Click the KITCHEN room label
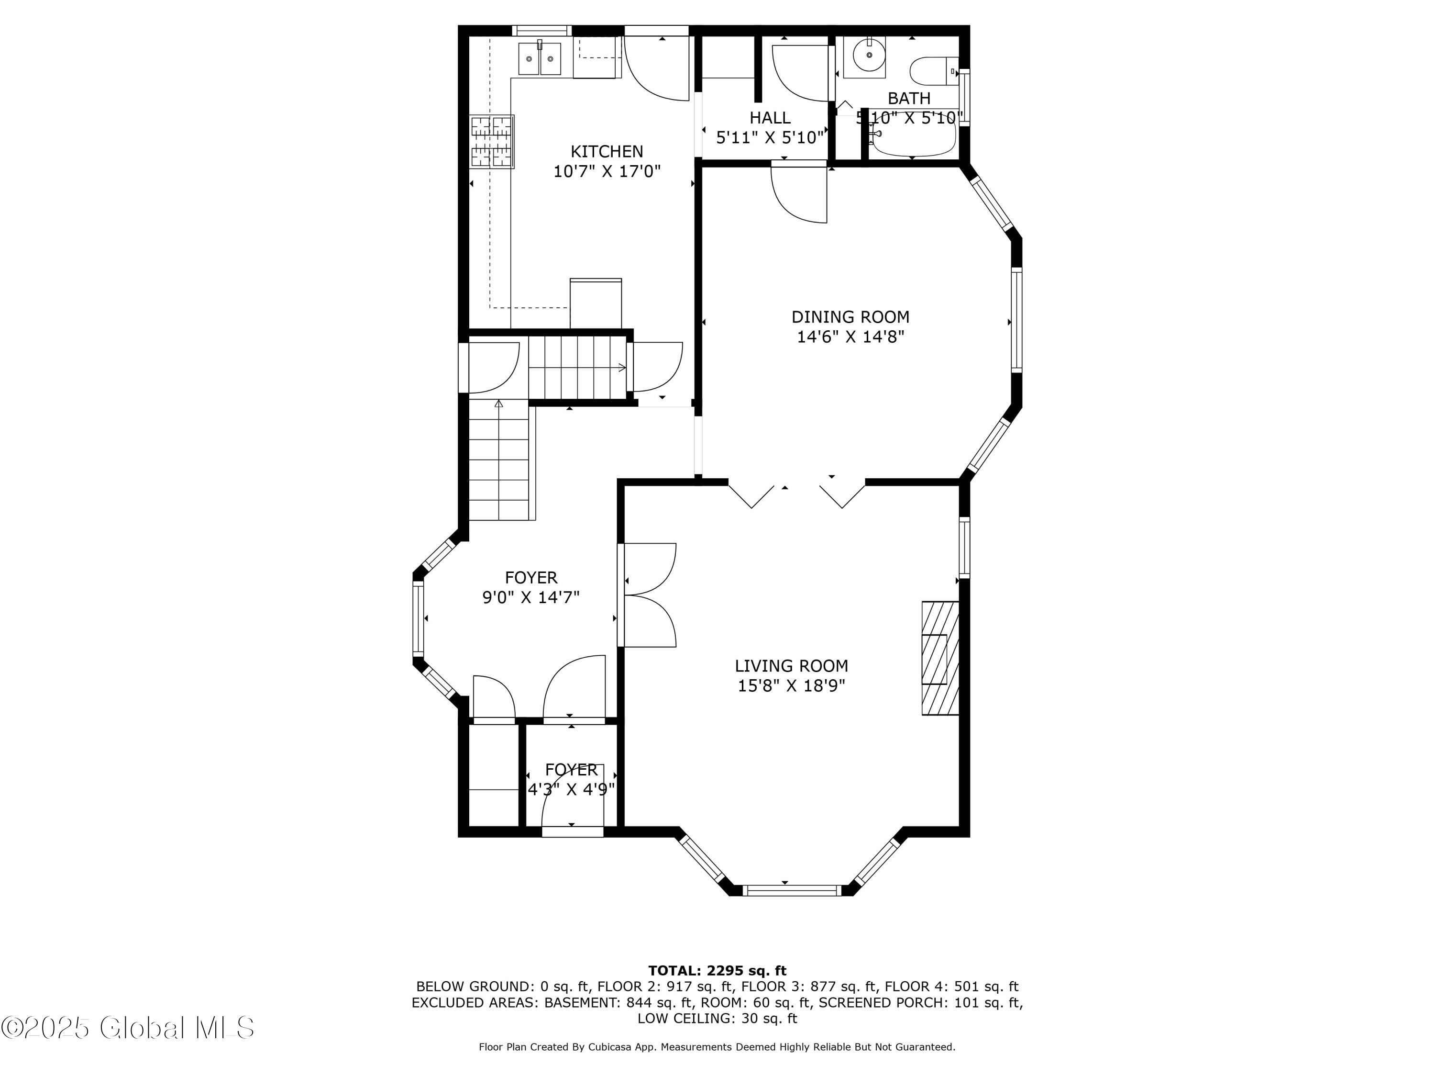point(607,151)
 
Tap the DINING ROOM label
point(850,317)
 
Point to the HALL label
point(770,117)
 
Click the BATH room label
point(909,98)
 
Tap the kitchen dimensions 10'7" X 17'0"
point(607,171)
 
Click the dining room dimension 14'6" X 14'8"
point(850,337)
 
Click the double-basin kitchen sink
point(540,58)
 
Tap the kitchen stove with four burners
point(492,142)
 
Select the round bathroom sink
point(869,55)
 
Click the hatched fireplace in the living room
point(940,658)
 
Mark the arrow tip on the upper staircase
point(625,368)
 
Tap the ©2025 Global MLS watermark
point(128,1028)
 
